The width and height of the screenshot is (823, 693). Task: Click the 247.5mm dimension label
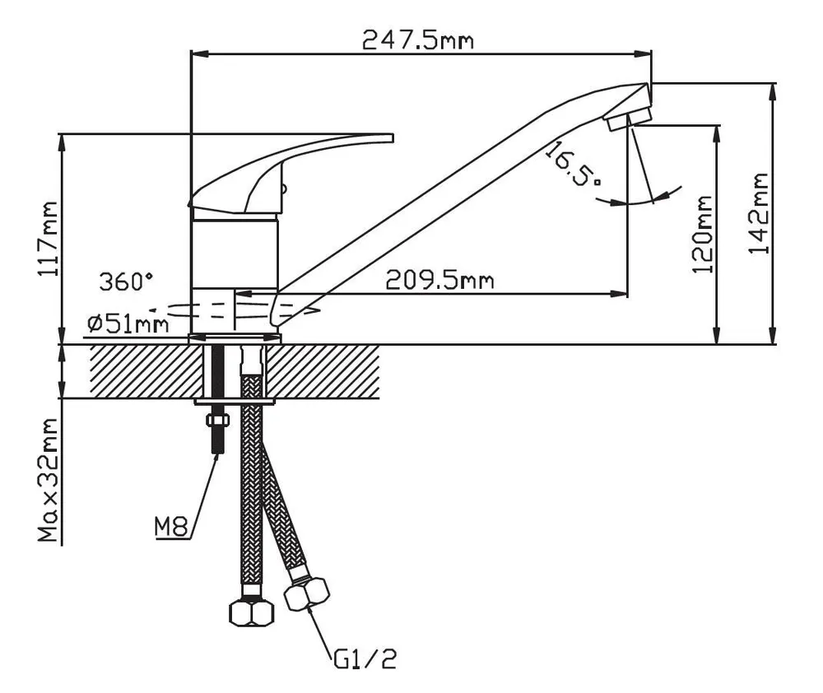coord(418,40)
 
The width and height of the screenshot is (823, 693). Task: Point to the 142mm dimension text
coord(758,213)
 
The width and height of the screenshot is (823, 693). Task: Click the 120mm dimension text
coord(702,234)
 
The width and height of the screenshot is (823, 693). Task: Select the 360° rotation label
coord(127,281)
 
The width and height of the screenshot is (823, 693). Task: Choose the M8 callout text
coord(171,527)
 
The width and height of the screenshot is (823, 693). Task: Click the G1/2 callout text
coord(365,659)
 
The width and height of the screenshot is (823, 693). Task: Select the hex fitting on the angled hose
coord(306,593)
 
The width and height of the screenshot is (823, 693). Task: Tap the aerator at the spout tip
coord(628,119)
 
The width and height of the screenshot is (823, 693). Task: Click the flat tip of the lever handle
coord(392,137)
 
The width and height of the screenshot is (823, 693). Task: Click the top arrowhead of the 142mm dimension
coord(772,92)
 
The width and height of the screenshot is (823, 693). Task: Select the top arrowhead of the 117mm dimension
coord(62,143)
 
